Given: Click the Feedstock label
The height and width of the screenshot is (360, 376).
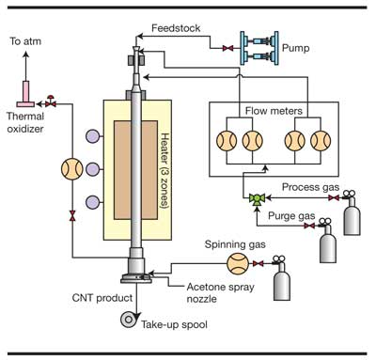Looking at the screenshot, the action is point(176,28).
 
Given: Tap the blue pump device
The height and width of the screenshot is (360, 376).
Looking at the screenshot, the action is point(259,48).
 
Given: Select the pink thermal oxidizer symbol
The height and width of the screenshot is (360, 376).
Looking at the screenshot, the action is point(25,94).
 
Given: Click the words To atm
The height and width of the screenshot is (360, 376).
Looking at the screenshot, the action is point(25,41).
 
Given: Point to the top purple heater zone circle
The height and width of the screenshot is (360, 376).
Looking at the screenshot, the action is point(93,136).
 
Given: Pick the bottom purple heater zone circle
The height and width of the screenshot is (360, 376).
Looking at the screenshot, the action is point(93,202).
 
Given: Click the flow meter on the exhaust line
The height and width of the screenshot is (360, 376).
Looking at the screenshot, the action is point(72,169).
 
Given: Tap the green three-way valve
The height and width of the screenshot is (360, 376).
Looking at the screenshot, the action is point(257,198).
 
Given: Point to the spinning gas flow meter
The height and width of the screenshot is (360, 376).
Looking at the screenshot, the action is point(238,263).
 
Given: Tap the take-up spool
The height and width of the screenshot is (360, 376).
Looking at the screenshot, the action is point(129,320).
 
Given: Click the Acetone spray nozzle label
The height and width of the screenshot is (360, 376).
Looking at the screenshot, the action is point(220,292).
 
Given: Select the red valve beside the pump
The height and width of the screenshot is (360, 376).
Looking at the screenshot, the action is point(227,48).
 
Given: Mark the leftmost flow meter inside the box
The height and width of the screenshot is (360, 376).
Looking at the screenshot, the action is point(227,141).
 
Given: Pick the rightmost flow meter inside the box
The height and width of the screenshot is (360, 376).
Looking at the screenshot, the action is point(321,141).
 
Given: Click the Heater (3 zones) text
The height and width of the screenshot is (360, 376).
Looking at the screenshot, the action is point(164,171).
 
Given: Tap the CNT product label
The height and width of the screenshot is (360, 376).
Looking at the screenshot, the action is point(102,298).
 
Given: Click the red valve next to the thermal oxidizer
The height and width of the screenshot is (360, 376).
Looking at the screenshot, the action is point(51,102).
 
